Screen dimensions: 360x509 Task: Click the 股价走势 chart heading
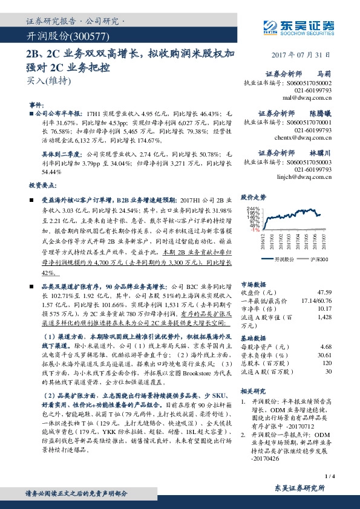(x=254, y=198)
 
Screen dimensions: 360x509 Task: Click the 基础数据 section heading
(x=254, y=338)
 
